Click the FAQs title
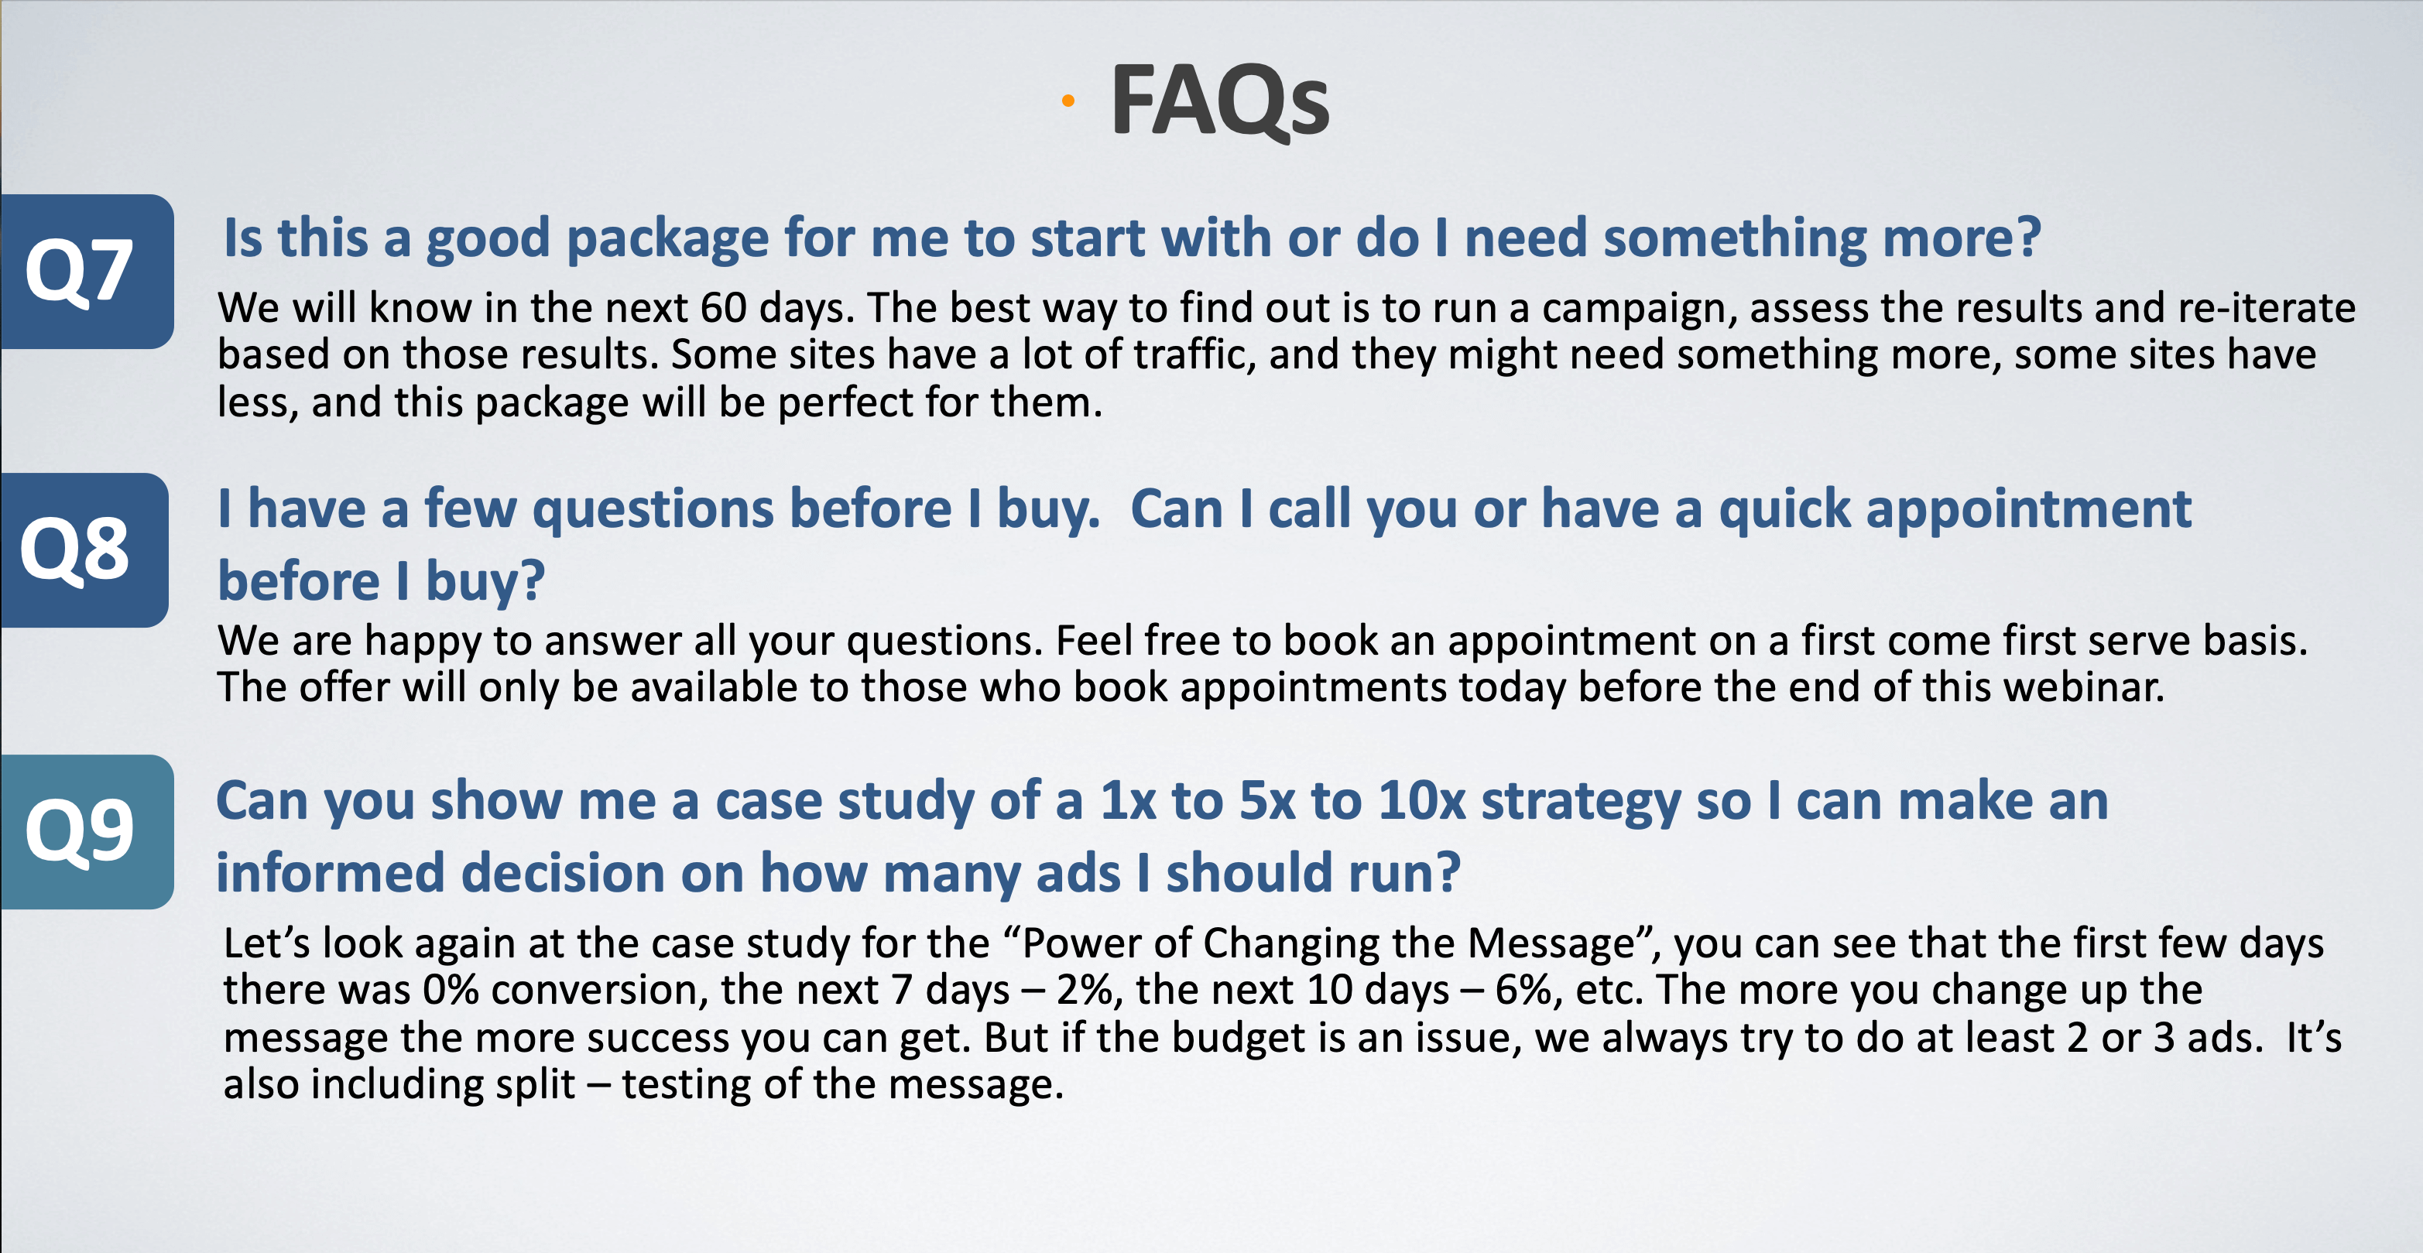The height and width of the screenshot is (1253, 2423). coord(1220,101)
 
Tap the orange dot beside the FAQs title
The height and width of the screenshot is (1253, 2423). coord(1068,101)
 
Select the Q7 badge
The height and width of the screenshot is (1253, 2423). coord(87,271)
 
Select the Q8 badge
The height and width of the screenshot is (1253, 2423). coord(84,549)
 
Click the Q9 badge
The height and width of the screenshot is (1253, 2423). coord(87,831)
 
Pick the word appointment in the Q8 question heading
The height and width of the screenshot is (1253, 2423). coord(2029,511)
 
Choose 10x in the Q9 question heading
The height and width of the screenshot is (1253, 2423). coord(1422,802)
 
